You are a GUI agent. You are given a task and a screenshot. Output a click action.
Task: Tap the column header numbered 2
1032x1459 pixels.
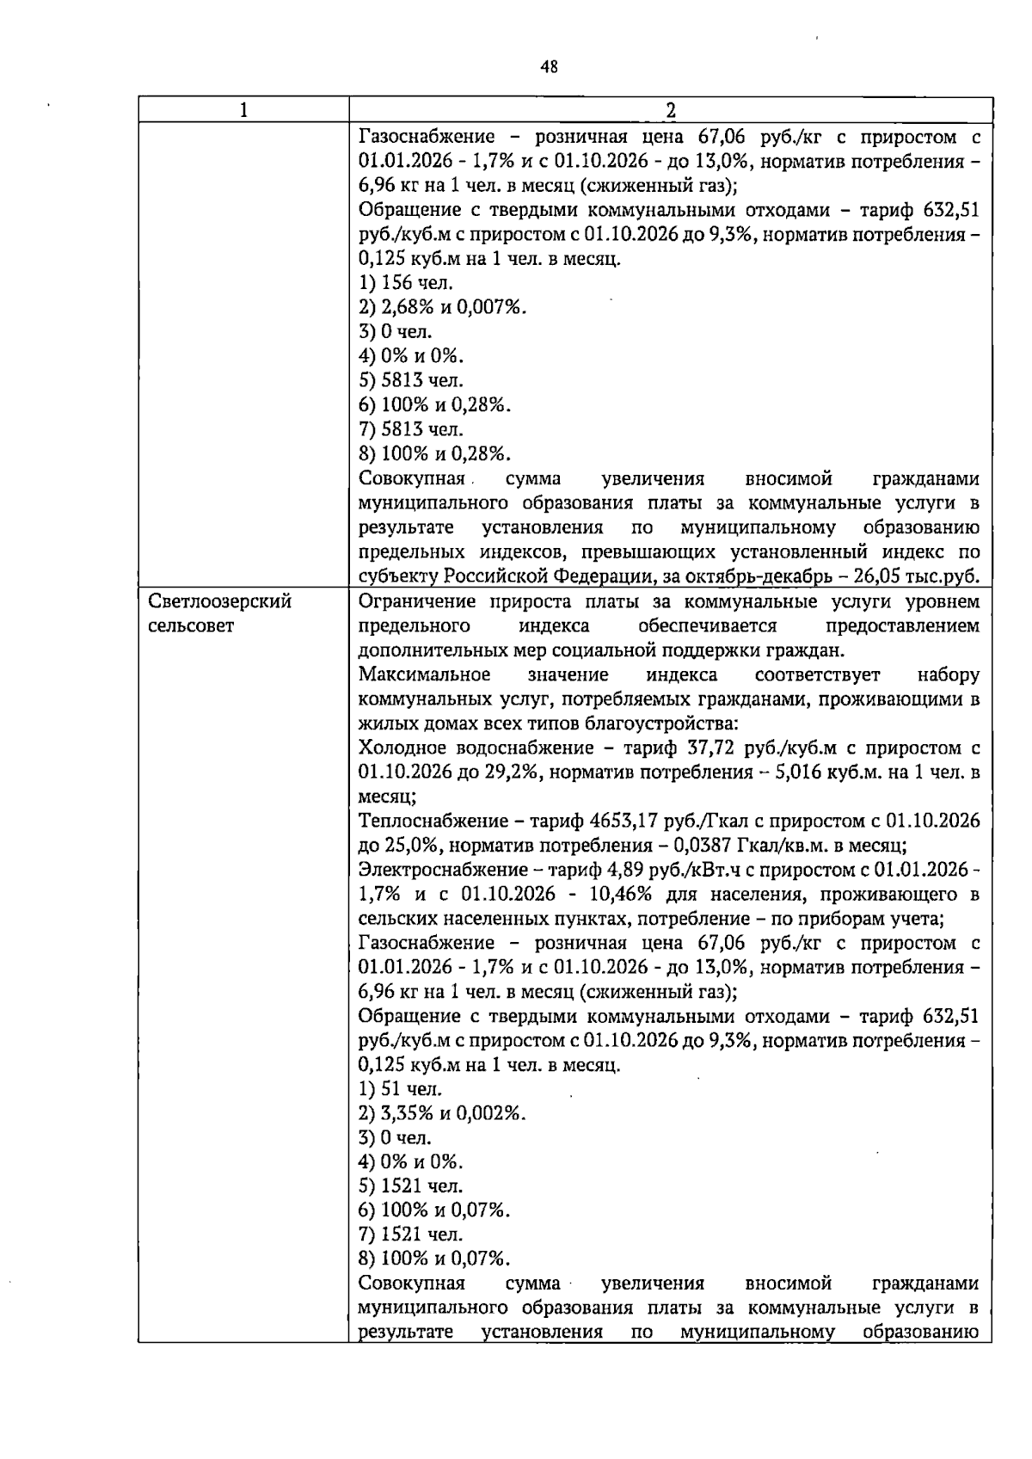pos(670,110)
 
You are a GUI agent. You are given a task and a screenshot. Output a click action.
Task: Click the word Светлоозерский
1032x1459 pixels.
pos(219,601)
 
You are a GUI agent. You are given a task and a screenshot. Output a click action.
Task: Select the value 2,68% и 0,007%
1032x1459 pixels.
pos(442,307)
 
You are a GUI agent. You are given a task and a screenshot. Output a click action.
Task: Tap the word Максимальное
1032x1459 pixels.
pos(425,674)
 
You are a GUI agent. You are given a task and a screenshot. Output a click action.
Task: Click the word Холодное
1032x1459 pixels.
pos(397,748)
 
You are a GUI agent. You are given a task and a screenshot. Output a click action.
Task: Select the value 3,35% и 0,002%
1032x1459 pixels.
pos(442,1113)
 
